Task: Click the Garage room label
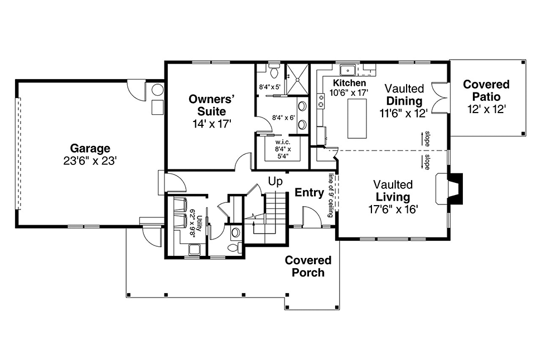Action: point(90,149)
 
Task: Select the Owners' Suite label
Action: point(210,105)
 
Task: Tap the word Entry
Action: point(309,193)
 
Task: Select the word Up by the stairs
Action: point(275,181)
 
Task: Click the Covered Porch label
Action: point(308,266)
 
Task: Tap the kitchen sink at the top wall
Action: point(348,70)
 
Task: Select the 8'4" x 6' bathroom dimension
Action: point(283,118)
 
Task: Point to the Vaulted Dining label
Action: point(404,95)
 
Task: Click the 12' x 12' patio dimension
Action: point(486,109)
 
